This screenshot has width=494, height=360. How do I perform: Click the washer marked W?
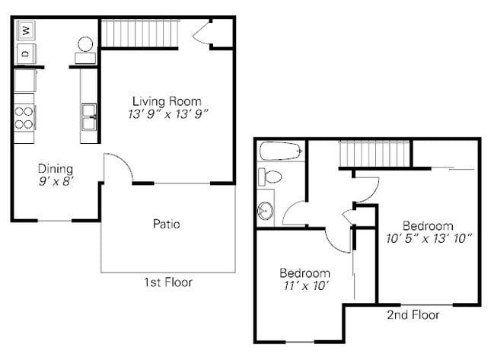tap(25, 30)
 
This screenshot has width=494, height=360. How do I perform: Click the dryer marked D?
tap(25, 53)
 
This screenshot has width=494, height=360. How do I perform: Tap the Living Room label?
tap(167, 101)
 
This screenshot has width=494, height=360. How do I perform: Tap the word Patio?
tap(167, 225)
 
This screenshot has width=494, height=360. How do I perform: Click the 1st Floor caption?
tap(168, 282)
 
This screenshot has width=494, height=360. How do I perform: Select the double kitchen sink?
tap(88, 118)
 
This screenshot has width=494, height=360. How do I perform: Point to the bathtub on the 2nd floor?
tap(280, 151)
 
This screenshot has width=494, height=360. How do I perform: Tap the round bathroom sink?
tap(266, 209)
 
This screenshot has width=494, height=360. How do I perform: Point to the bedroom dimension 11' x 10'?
tap(304, 286)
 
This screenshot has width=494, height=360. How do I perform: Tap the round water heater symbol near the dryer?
tap(85, 44)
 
